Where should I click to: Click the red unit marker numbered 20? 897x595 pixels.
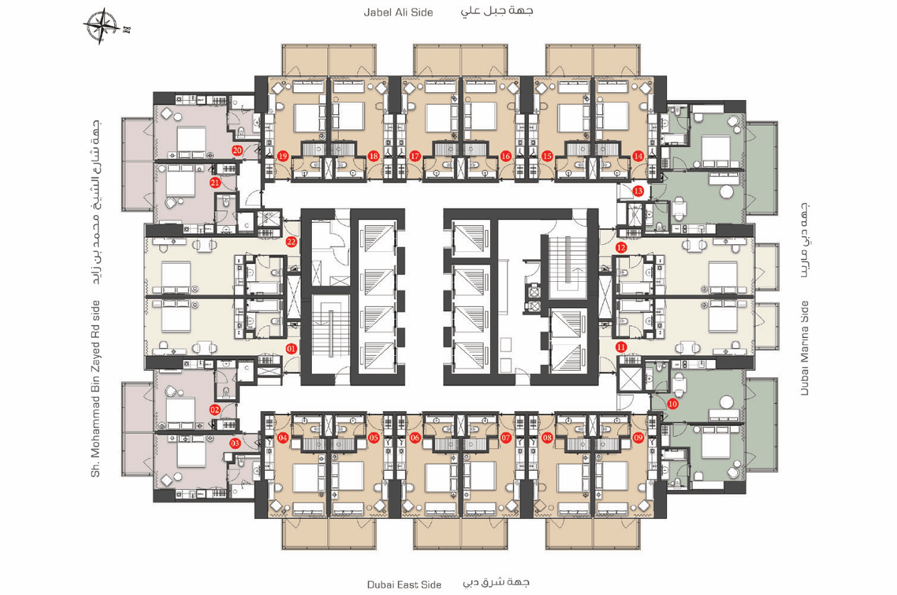(x=237, y=151)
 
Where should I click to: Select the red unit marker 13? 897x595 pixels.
(x=638, y=191)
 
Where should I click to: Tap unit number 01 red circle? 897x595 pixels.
(x=291, y=349)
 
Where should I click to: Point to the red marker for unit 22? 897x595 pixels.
(x=291, y=242)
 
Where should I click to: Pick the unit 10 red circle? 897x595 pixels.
(x=673, y=404)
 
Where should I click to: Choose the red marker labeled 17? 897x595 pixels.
(x=415, y=156)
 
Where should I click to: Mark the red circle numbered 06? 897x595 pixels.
(x=415, y=437)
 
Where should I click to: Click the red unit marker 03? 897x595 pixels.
(x=234, y=443)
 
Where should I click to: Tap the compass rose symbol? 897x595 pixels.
(x=102, y=26)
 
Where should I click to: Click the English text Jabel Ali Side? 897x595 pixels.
(x=398, y=12)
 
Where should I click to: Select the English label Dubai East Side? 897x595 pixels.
(x=404, y=584)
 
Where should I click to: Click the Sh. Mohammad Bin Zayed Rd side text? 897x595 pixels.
(x=95, y=389)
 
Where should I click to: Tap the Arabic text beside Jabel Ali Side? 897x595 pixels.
(x=497, y=11)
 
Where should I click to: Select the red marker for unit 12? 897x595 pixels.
(x=621, y=248)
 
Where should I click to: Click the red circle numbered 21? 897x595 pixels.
(x=215, y=183)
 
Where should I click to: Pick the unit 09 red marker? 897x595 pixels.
(x=638, y=437)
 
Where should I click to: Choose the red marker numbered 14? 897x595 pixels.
(x=638, y=156)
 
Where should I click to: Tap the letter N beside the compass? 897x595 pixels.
(x=127, y=29)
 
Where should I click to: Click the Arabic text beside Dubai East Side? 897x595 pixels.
(x=496, y=583)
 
